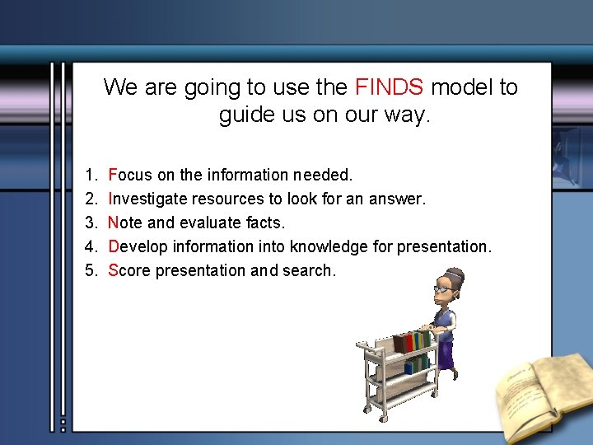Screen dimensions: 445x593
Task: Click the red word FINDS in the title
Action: pyautogui.click(x=390, y=87)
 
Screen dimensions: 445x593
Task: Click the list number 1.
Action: pyautogui.click(x=90, y=176)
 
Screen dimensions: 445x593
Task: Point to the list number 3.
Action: pyautogui.click(x=90, y=223)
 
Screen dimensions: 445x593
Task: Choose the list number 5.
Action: pyautogui.click(x=90, y=271)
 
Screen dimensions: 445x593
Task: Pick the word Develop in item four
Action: pyautogui.click(x=135, y=247)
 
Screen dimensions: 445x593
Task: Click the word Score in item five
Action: pyautogui.click(x=128, y=271)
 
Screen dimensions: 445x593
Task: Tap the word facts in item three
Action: pyautogui.click(x=265, y=223)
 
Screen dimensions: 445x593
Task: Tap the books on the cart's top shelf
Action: pyautogui.click(x=412, y=340)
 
